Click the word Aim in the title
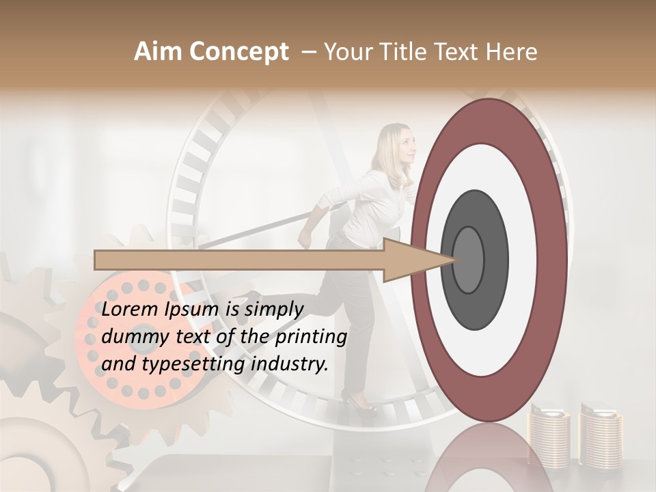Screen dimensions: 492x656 pos(157,52)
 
